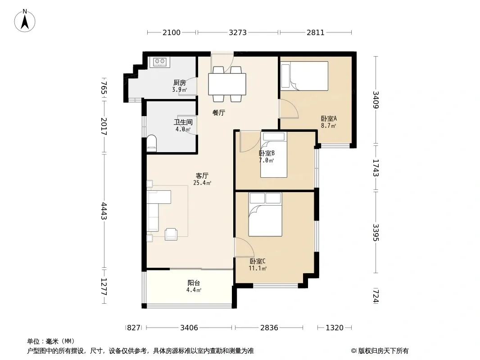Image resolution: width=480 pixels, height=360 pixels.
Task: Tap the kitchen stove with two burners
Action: click(159, 62)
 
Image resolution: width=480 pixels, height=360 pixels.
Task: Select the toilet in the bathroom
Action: click(152, 143)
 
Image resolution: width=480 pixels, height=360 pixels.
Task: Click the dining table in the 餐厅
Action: click(227, 84)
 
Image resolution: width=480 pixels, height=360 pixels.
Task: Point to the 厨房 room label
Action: click(180, 83)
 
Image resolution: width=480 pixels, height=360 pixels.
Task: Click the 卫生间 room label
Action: click(183, 122)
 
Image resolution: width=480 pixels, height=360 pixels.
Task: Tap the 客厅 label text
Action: click(202, 176)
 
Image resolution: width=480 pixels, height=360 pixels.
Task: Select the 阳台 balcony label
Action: click(194, 283)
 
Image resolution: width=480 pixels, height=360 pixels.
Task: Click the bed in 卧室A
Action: click(304, 76)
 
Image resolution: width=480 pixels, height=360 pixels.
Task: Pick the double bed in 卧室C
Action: click(265, 214)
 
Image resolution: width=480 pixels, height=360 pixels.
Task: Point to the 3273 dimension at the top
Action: click(238, 32)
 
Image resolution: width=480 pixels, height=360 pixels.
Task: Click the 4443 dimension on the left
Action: click(104, 211)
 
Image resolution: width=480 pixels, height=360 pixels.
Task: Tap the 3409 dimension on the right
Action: click(376, 100)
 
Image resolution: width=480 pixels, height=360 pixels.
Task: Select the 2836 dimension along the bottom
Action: click(269, 328)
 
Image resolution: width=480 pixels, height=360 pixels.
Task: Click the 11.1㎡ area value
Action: click(258, 269)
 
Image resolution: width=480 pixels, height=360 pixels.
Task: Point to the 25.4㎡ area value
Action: click(202, 183)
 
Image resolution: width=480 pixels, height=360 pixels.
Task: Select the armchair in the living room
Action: click(171, 234)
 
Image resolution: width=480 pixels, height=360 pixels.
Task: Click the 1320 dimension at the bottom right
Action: click(334, 328)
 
